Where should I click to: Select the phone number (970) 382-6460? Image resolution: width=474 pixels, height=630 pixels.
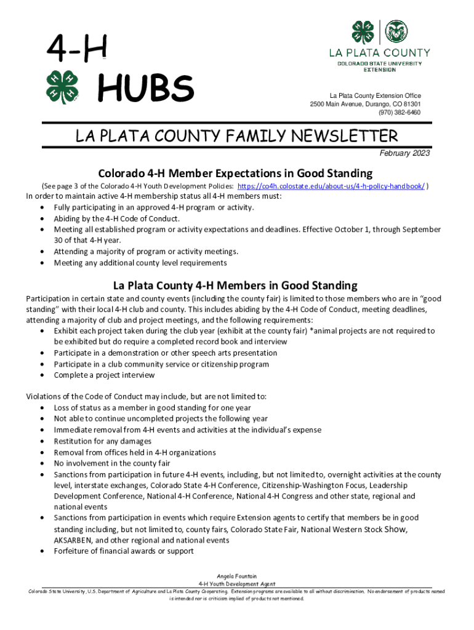(x=400, y=113)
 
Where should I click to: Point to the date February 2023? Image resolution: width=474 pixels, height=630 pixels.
(x=404, y=153)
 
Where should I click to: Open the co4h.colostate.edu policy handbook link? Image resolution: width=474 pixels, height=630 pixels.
(x=331, y=186)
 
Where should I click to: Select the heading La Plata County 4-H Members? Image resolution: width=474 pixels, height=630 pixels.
(x=235, y=285)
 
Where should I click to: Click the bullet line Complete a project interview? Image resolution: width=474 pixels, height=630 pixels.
(x=104, y=375)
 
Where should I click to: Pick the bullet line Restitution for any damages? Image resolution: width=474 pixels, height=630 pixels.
(x=102, y=441)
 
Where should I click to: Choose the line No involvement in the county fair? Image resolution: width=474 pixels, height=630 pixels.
(x=112, y=463)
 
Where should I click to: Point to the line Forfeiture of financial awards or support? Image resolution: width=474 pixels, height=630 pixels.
(x=124, y=551)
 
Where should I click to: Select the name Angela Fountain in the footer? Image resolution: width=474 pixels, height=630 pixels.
(x=236, y=576)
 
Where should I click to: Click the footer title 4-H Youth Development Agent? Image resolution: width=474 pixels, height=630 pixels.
(x=236, y=584)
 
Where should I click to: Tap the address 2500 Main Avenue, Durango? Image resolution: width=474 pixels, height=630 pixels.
(x=365, y=104)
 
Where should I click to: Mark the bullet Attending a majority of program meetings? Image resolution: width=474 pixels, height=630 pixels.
(x=146, y=252)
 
